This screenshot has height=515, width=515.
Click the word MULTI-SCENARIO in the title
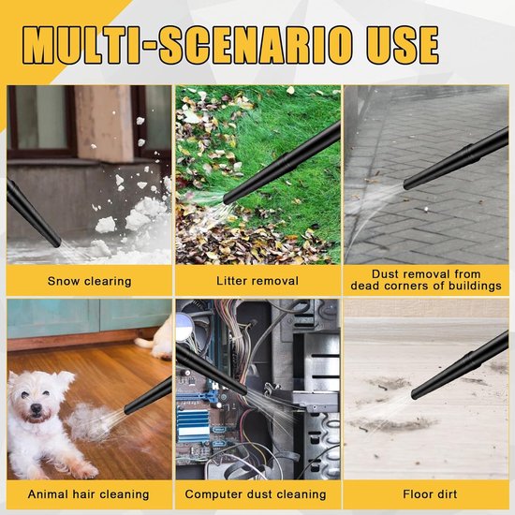click(187, 45)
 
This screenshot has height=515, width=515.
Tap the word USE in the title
click(403, 45)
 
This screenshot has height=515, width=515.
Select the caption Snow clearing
click(89, 281)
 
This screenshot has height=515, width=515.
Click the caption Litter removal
click(257, 281)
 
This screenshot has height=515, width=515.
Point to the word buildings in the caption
click(473, 286)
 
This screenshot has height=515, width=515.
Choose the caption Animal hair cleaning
click(88, 494)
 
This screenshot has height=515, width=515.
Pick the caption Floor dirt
click(430, 494)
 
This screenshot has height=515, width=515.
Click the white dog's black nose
click(36, 408)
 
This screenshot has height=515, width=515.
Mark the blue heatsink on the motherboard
click(193, 426)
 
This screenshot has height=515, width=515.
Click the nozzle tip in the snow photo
click(57, 243)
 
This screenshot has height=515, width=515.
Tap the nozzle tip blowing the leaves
click(228, 199)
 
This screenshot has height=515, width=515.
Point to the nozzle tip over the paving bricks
click(407, 184)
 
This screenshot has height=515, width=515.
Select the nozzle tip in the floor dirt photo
click(415, 394)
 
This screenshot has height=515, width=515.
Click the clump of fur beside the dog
click(90, 422)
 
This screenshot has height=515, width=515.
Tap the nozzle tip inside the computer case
click(243, 391)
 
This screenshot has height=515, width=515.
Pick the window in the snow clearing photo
click(41, 122)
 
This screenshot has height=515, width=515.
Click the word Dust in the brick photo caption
click(384, 274)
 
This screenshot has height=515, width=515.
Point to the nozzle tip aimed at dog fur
click(127, 409)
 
